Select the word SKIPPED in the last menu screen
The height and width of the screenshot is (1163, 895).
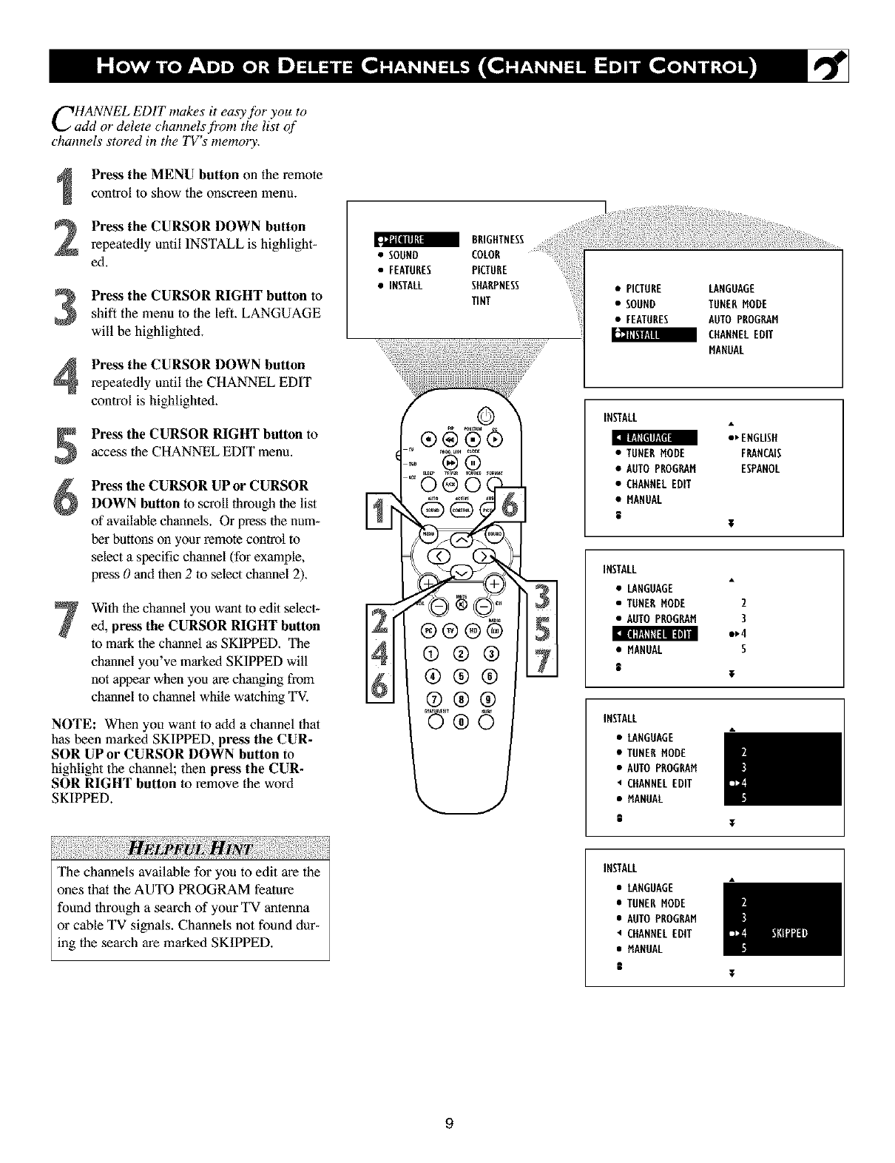[x=789, y=933]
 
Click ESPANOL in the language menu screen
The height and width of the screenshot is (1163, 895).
[x=760, y=469]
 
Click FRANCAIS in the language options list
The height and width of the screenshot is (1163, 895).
[x=760, y=454]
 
